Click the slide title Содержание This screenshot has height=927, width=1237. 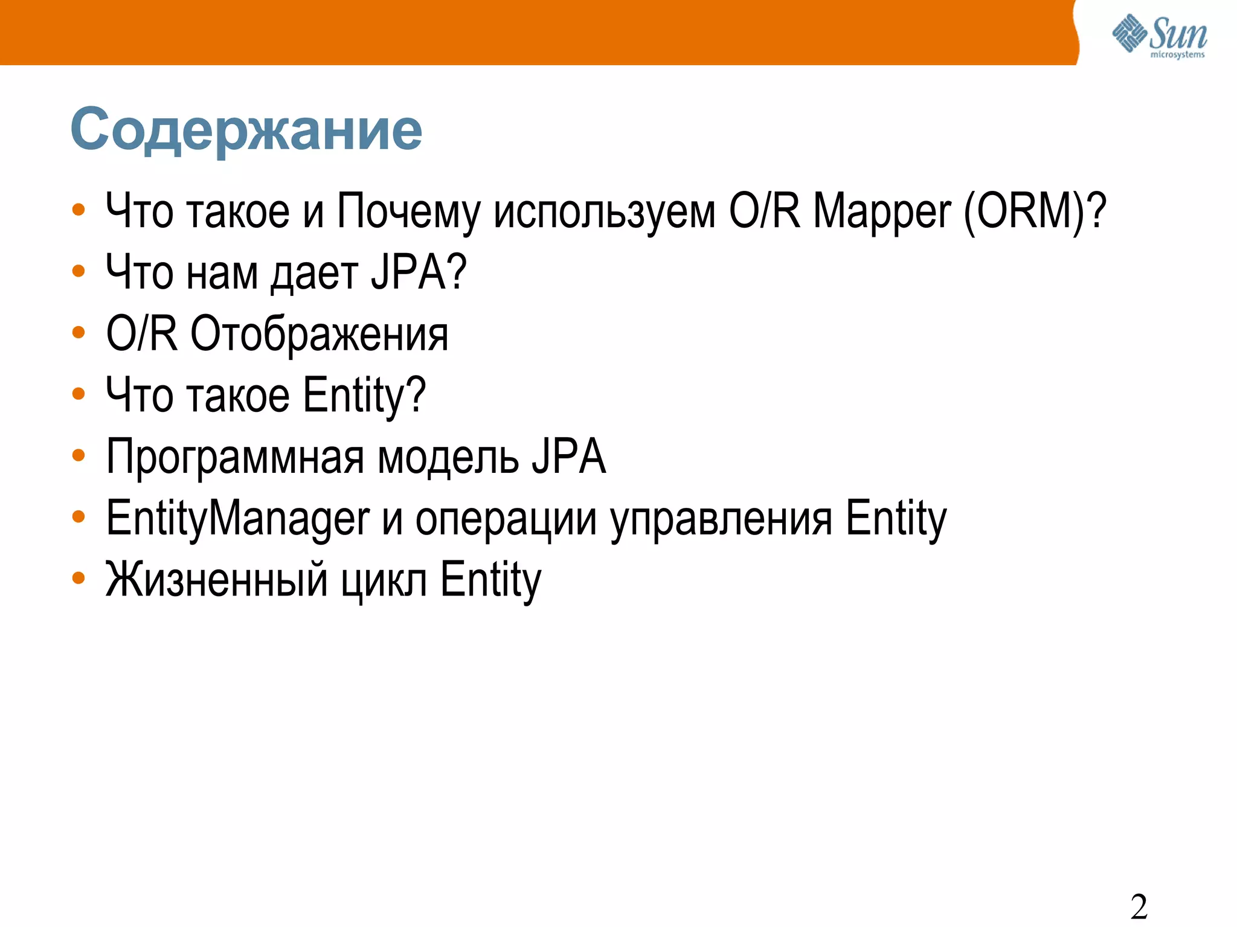[x=246, y=130]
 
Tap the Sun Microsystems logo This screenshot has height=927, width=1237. [x=1160, y=37]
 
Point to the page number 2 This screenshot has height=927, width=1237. [x=1139, y=906]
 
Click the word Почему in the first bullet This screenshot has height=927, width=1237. [x=408, y=212]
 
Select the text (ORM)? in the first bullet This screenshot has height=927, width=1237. [x=1035, y=212]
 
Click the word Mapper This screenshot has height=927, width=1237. [x=882, y=212]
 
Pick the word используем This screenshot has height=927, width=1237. [x=604, y=212]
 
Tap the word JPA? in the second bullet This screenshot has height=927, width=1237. [x=419, y=273]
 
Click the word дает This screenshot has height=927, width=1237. [x=314, y=274]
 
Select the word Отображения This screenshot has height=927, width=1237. [x=320, y=335]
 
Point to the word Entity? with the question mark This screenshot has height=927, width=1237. [x=364, y=396]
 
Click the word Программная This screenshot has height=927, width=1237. [x=235, y=458]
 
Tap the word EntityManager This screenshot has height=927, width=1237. [x=237, y=519]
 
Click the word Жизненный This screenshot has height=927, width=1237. [x=216, y=580]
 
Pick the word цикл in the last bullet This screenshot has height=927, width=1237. [x=384, y=581]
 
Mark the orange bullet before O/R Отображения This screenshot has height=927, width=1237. [x=79, y=332]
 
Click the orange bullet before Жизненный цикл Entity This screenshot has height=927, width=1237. [x=79, y=578]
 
